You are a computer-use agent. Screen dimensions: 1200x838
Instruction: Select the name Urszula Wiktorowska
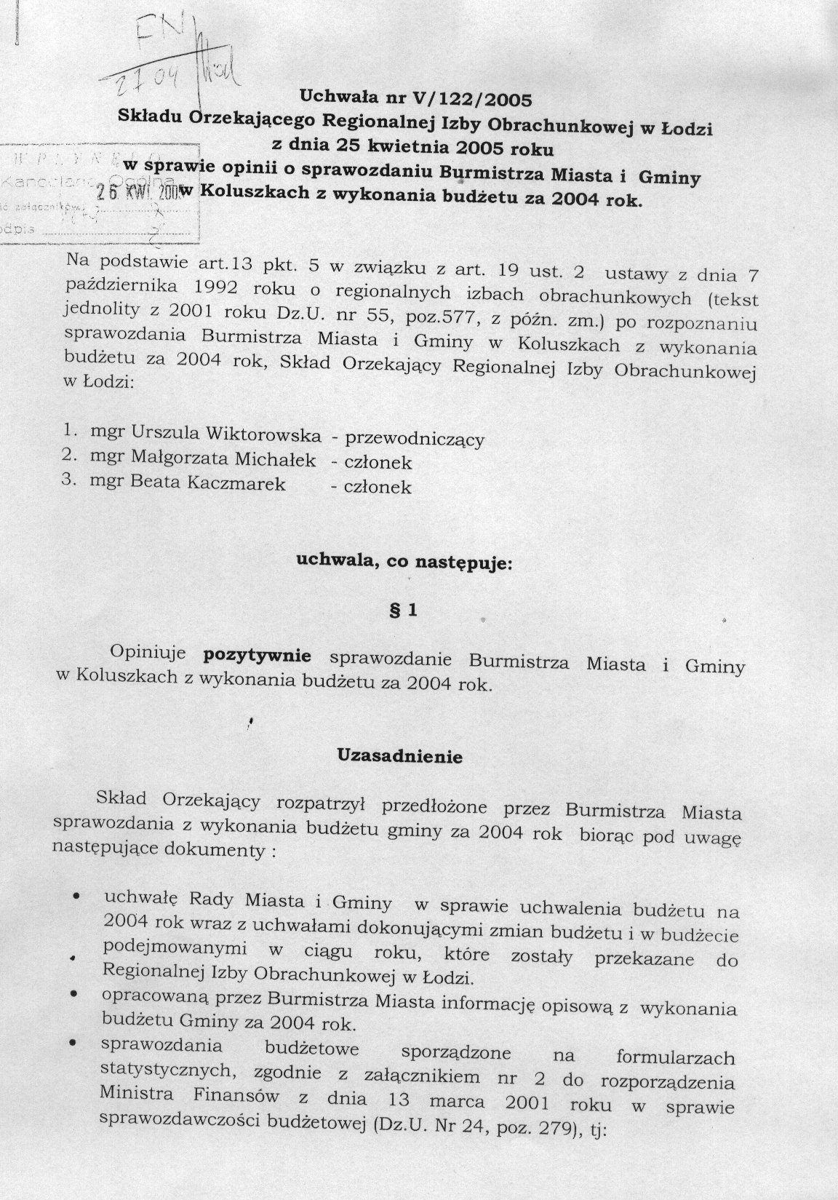tap(226, 434)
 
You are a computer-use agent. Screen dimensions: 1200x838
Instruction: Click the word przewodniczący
tap(415, 439)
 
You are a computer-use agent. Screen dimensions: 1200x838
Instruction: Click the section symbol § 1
tap(404, 611)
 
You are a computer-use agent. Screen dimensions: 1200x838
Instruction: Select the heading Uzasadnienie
tap(399, 756)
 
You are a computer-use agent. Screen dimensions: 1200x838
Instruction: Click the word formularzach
tap(675, 1057)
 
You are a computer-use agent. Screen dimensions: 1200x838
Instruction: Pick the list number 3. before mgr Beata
tap(69, 481)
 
